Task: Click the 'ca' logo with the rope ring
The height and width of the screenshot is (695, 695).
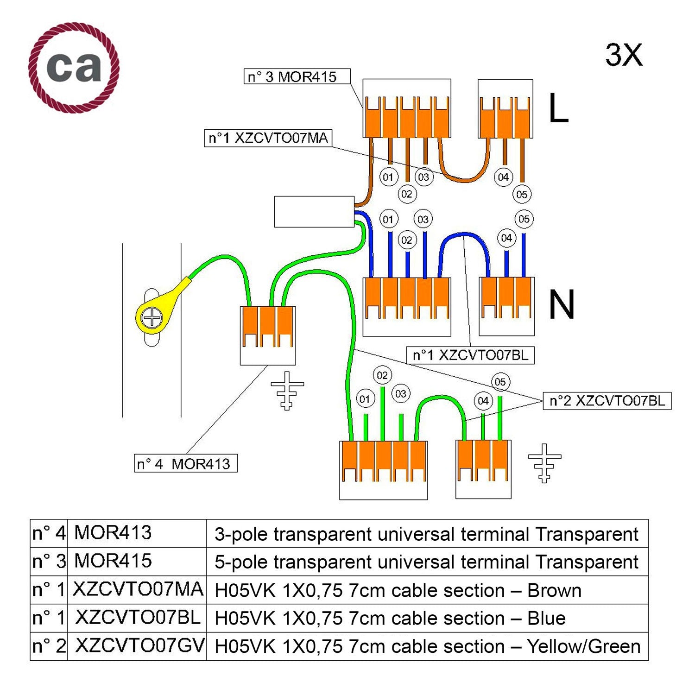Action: tap(74, 68)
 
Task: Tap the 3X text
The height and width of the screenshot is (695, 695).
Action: tap(624, 55)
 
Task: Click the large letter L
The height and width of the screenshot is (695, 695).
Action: tap(558, 108)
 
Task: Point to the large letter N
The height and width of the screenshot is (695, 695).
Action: tap(562, 305)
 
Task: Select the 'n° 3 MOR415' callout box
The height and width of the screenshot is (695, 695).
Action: tap(297, 76)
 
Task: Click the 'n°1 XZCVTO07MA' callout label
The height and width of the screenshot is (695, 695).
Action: tap(268, 138)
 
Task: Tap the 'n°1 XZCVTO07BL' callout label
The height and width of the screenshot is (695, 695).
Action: tap(470, 355)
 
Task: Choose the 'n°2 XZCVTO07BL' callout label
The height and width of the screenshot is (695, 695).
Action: tap(607, 401)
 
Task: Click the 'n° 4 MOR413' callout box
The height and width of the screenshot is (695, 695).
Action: tap(186, 463)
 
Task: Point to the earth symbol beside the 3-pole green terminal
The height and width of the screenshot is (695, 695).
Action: tap(287, 390)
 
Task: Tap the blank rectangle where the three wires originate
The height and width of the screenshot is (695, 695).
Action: tap(314, 212)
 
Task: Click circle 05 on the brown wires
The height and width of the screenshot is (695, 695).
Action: tap(522, 195)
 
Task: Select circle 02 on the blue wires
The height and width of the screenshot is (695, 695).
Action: tap(406, 240)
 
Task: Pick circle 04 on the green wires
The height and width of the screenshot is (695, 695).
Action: tap(483, 401)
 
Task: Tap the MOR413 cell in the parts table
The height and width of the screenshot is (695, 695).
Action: tap(113, 533)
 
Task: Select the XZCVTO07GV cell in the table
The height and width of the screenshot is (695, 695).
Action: tap(139, 646)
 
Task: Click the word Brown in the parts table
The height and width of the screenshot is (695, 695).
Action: tap(554, 590)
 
